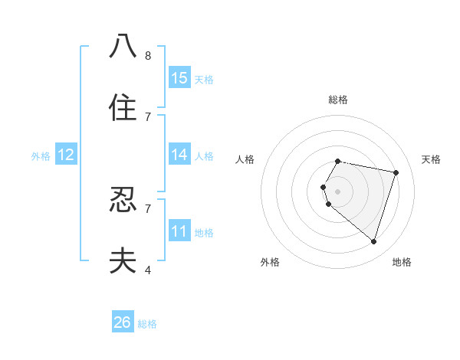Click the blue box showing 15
click(179, 78)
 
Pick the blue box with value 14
click(179, 155)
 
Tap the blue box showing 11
click(179, 231)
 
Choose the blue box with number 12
click(66, 155)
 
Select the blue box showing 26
click(123, 322)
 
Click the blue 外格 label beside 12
click(41, 156)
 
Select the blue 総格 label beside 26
click(147, 324)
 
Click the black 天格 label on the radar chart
click(431, 159)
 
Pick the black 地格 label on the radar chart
click(402, 262)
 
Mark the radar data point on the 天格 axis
click(396, 172)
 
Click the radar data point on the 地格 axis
click(373, 241)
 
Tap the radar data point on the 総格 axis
click(337, 162)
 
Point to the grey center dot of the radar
click(337, 191)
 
